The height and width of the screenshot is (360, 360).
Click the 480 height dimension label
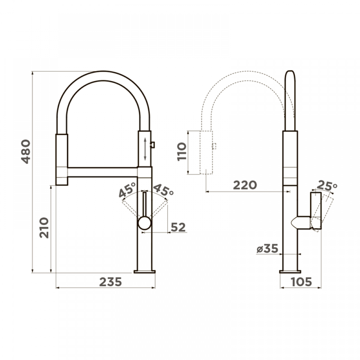(x=26, y=151)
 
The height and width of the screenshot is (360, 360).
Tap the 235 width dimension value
(x=110, y=282)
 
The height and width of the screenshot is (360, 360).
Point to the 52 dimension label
(x=178, y=227)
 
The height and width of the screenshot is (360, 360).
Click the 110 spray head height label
(x=182, y=152)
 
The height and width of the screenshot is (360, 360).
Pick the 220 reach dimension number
(x=245, y=185)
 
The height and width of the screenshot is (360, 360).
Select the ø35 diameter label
(x=267, y=248)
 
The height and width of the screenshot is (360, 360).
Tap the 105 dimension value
(x=301, y=282)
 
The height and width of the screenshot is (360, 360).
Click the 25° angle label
(x=327, y=186)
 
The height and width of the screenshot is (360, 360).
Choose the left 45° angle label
(x=127, y=190)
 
